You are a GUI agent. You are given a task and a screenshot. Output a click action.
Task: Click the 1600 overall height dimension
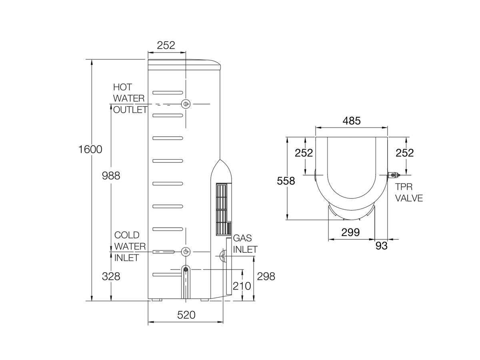click(x=90, y=150)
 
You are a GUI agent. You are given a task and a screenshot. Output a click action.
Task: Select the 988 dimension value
click(x=111, y=176)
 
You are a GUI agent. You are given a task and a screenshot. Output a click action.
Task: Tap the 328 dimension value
click(x=111, y=276)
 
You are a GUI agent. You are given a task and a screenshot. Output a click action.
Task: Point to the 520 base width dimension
click(x=186, y=315)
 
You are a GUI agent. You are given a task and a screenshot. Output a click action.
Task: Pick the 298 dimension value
click(x=266, y=276)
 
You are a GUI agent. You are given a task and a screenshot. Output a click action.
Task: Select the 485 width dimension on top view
click(x=351, y=121)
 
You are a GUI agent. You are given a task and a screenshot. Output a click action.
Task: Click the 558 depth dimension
click(x=286, y=181)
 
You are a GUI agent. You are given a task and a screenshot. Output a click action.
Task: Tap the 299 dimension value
click(x=351, y=232)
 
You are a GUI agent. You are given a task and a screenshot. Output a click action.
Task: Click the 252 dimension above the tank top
click(x=166, y=46)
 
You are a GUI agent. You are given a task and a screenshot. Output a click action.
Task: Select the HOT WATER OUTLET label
click(x=130, y=98)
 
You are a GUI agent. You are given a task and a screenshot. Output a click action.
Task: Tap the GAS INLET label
click(x=245, y=244)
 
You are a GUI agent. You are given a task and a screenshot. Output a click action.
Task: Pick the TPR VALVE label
click(x=408, y=192)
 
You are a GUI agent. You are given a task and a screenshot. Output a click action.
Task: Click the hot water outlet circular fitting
click(x=186, y=104)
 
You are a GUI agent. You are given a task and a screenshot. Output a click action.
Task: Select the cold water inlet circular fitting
click(x=186, y=252)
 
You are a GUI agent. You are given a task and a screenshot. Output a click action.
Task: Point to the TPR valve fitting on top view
click(x=393, y=175)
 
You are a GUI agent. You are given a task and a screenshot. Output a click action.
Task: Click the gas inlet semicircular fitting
click(x=222, y=256)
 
